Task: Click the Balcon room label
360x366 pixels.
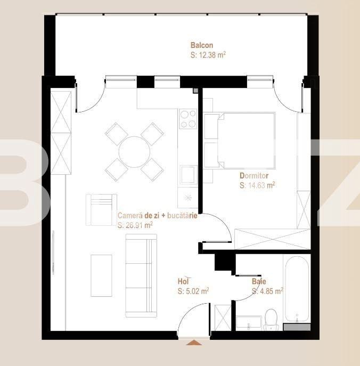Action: [201, 45]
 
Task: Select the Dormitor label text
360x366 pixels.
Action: [254, 175]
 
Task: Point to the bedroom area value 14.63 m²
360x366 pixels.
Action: [257, 185]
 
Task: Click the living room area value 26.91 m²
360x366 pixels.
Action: [135, 225]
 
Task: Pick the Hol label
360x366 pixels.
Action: [184, 281]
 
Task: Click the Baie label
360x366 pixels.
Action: [259, 281]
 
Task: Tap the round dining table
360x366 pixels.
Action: [134, 152]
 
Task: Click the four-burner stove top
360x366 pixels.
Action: [188, 119]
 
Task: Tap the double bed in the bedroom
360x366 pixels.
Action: [245, 140]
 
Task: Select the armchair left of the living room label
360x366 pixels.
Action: [101, 209]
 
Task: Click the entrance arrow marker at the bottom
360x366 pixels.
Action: [194, 343]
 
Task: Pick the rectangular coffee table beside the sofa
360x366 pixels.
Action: [101, 275]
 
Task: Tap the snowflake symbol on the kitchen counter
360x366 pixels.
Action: [187, 197]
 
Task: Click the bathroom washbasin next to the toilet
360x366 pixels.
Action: [248, 322]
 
